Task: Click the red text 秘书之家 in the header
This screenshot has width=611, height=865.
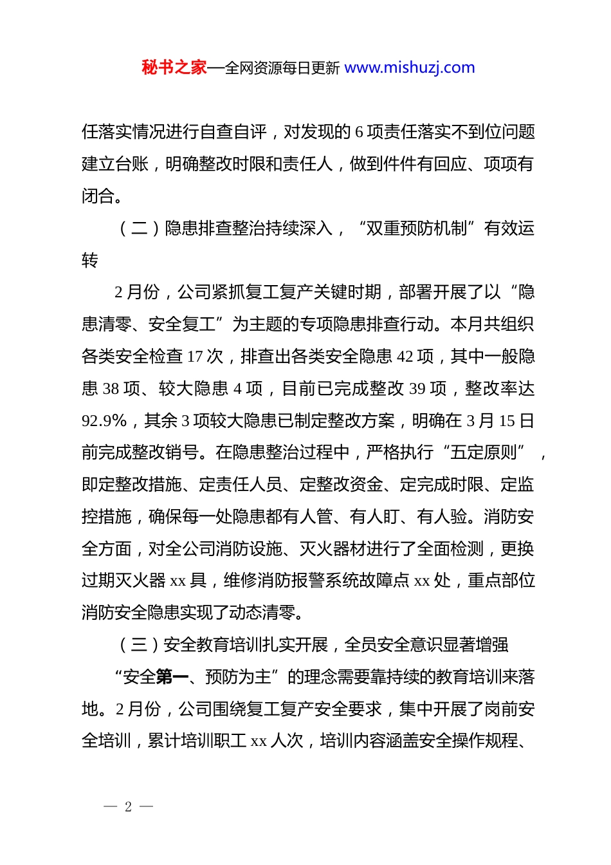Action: [174, 68]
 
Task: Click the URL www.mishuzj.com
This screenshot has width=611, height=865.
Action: [410, 68]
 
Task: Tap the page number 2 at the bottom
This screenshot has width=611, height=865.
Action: [128, 806]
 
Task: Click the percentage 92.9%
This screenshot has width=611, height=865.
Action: [104, 421]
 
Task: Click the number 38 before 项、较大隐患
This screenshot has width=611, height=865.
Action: [111, 389]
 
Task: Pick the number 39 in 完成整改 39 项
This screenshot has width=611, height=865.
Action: [417, 389]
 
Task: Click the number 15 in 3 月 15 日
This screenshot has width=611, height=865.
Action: [507, 421]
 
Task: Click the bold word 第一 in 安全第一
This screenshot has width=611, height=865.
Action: [172, 677]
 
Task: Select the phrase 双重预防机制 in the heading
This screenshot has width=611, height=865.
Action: [416, 228]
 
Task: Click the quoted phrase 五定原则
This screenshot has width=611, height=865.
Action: [485, 452]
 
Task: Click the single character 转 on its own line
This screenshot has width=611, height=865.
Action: [90, 261]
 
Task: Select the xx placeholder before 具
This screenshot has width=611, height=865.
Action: [178, 581]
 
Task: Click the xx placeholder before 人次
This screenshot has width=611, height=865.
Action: [259, 741]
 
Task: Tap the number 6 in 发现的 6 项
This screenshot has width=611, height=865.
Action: [359, 133]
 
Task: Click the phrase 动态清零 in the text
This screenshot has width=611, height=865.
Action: [262, 613]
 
